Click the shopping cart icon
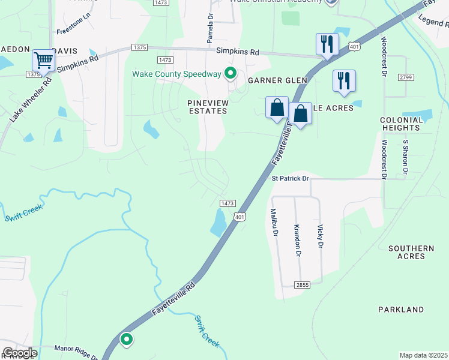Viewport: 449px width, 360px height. (43, 61)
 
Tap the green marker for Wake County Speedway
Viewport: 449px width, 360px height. (230, 74)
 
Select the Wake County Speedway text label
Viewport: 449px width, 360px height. (177, 74)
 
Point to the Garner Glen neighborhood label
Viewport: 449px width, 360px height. (277, 80)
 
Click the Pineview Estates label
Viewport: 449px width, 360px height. (208, 107)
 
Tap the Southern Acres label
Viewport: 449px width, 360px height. (411, 252)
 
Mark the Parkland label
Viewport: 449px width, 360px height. (401, 310)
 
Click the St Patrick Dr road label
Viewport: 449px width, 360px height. (290, 179)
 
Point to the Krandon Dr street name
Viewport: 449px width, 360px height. (297, 240)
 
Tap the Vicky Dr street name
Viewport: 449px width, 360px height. (321, 236)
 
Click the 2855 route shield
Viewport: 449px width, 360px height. (302, 284)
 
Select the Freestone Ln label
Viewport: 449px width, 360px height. (72, 30)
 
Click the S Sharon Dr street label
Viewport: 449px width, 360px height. (406, 157)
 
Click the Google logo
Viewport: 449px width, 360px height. (19, 353)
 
